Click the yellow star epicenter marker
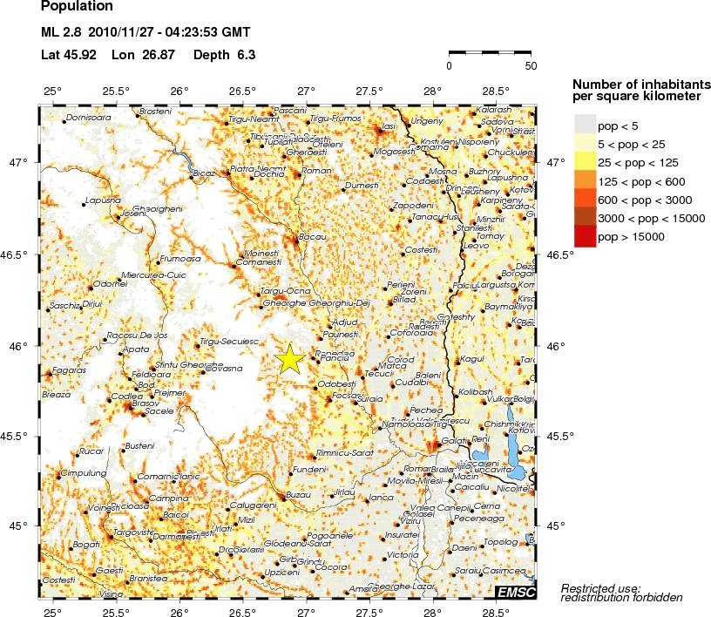(290, 359)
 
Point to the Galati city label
(454, 441)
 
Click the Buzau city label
(298, 494)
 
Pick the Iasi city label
(389, 127)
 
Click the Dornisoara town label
(88, 117)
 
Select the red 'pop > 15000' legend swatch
(586, 236)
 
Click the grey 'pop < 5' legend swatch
(586, 126)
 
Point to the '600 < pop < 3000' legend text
(644, 200)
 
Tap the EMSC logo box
(515, 592)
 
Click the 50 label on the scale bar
(531, 65)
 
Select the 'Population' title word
(77, 7)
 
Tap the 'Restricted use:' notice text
(600, 587)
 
